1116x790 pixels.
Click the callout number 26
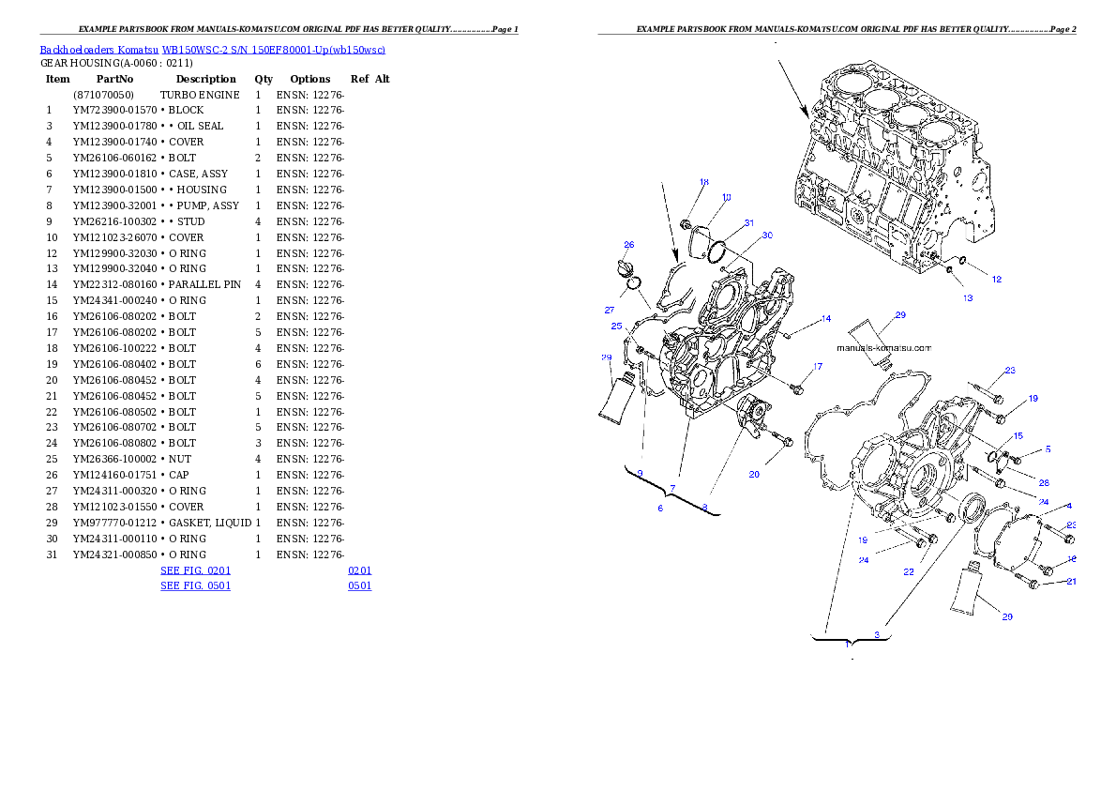tap(629, 245)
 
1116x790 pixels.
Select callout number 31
tap(748, 223)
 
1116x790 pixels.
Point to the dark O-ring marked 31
tap(718, 251)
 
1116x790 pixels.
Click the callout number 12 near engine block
tap(996, 279)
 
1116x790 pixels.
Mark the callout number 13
tap(967, 298)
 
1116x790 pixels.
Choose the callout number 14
tap(825, 319)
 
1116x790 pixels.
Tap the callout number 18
tap(704, 182)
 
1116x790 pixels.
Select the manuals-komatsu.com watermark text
tap(884, 347)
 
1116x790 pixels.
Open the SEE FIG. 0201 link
tap(195, 570)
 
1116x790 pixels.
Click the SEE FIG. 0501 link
tap(195, 585)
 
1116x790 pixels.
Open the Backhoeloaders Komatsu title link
tap(212, 50)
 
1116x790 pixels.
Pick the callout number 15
tap(1018, 436)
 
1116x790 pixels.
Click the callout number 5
tap(1048, 449)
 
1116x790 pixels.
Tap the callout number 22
tap(909, 571)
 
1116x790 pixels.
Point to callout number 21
tap(1071, 582)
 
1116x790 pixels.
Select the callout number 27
tap(609, 310)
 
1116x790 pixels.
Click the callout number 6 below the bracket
tap(660, 508)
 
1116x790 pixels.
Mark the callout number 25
tap(616, 327)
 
